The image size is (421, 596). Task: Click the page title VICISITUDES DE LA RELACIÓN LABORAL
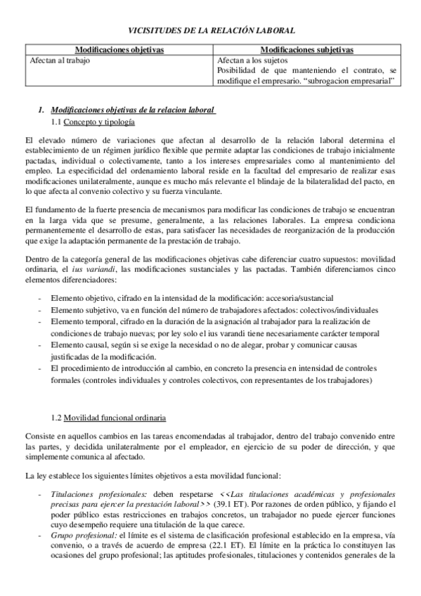pyautogui.click(x=210, y=30)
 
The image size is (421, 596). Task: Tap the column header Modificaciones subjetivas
pyautogui.click(x=306, y=50)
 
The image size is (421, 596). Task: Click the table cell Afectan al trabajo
pyautogui.click(x=60, y=60)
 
